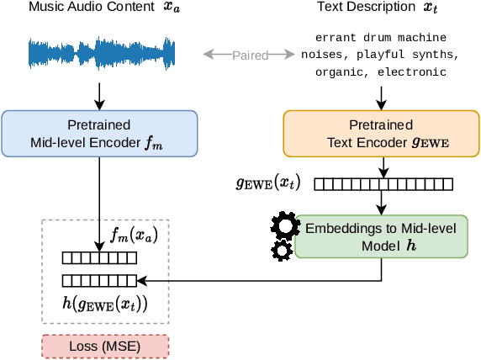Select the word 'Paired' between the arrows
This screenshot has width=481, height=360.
click(x=250, y=56)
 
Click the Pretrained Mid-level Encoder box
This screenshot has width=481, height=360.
click(x=100, y=133)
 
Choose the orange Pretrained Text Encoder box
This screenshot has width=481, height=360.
click(x=381, y=133)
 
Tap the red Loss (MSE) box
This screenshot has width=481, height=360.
click(x=105, y=346)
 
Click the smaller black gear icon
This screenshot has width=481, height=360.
click(x=282, y=250)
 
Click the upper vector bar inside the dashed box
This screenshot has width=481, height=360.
click(x=98, y=258)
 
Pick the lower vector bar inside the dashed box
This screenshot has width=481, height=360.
click(x=98, y=279)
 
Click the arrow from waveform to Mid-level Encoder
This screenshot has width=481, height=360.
click(x=100, y=94)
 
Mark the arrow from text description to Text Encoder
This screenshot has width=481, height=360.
click(x=381, y=94)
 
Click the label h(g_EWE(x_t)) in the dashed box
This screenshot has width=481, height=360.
click(x=105, y=303)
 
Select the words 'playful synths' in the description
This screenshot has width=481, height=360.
click(x=411, y=55)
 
